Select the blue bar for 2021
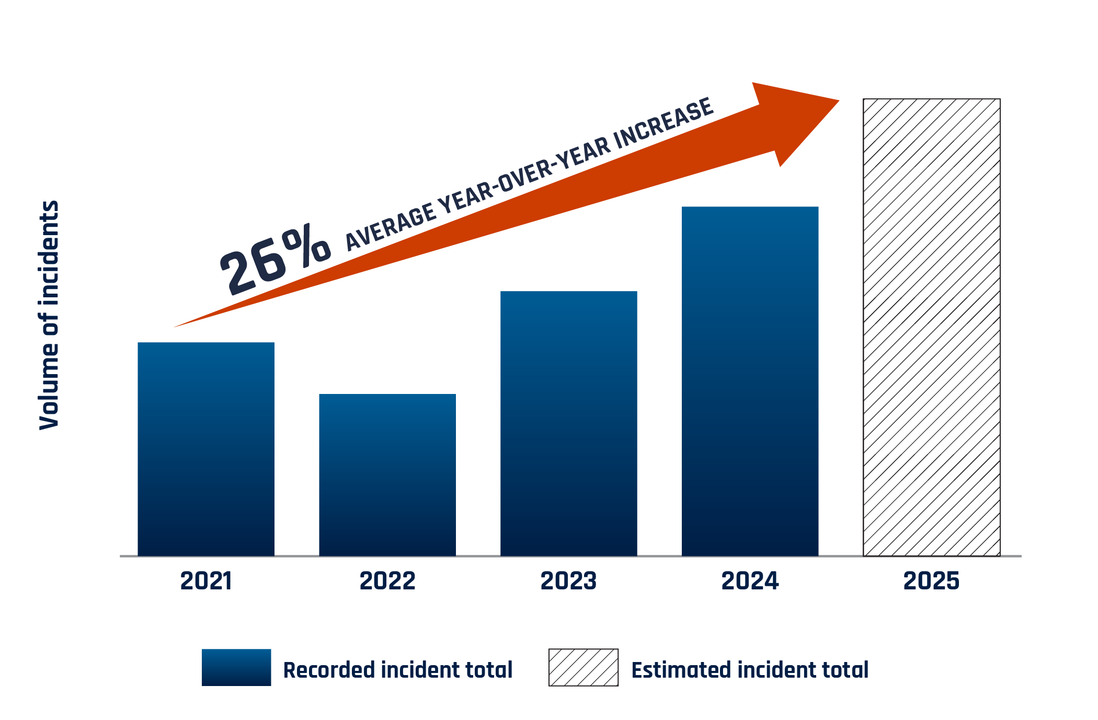pos(206,449)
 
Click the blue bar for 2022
pos(387,475)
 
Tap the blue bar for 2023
pos(569,424)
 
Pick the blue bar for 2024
pos(750,381)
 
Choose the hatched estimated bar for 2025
pos(931,328)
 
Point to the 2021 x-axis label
pos(206,581)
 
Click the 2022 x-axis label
pos(387,581)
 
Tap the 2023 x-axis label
pos(568,581)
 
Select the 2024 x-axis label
pos(750,581)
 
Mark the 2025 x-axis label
pos(931,581)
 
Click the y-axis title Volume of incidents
pos(50,315)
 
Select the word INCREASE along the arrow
pos(663,124)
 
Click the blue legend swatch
pos(236,667)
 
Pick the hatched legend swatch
pos(583,667)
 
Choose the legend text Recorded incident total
pos(397,670)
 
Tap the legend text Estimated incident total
pos(750,670)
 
